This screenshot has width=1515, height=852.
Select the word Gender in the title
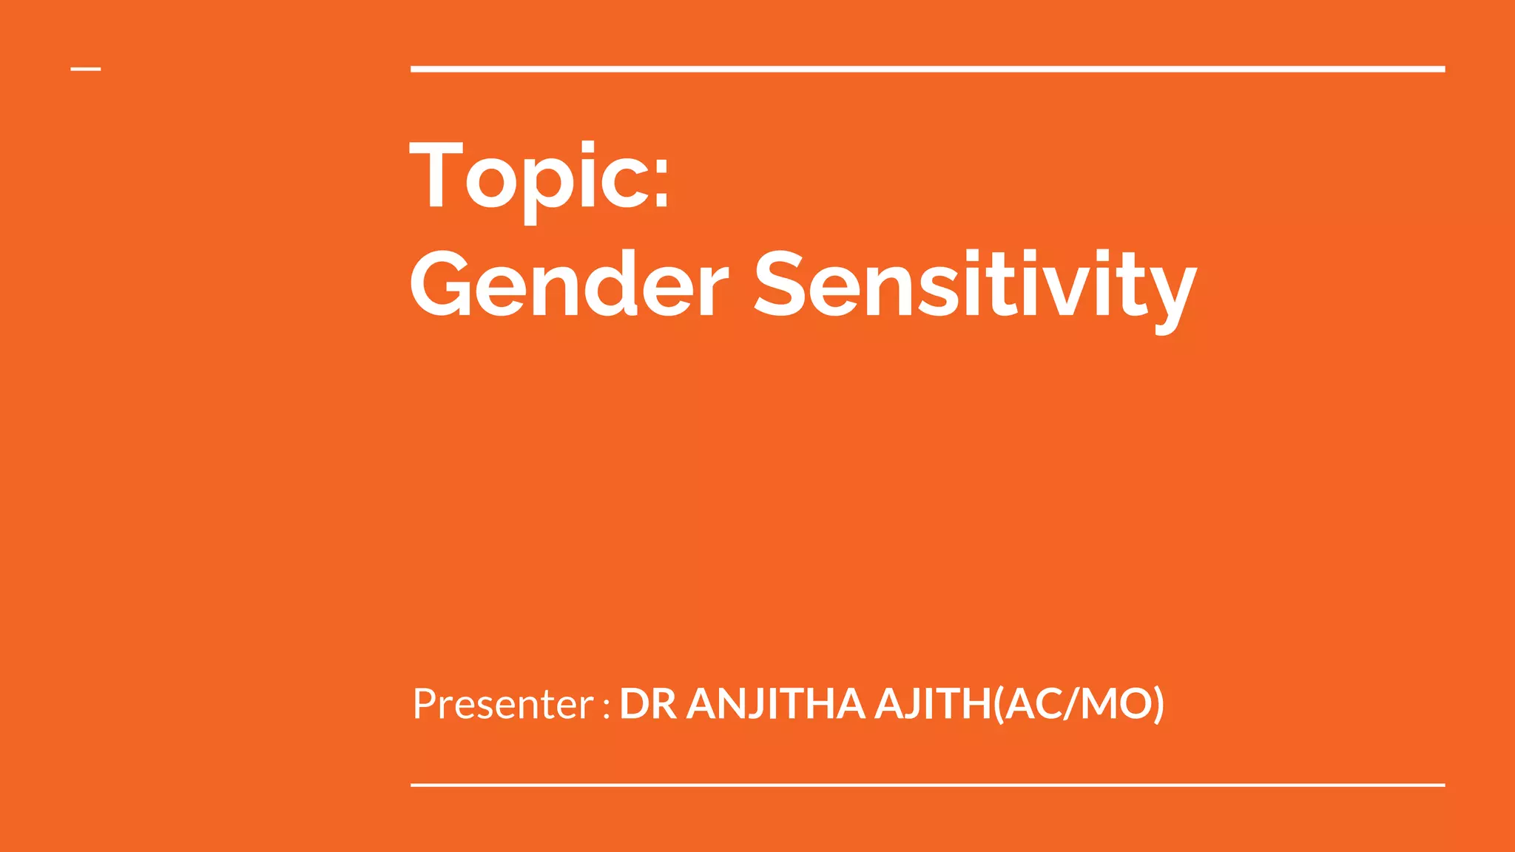click(569, 284)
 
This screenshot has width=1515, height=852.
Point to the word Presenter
click(503, 703)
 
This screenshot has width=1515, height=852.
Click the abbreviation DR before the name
click(647, 703)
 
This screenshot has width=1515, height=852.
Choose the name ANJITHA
click(775, 703)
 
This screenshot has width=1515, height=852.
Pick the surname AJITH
click(933, 703)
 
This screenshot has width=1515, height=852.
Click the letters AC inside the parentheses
click(1033, 703)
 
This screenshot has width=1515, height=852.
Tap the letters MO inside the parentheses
click(1115, 703)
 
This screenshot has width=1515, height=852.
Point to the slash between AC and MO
click(1070, 703)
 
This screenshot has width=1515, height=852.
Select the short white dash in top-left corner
click(86, 70)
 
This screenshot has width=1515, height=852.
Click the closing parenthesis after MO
click(1158, 704)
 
